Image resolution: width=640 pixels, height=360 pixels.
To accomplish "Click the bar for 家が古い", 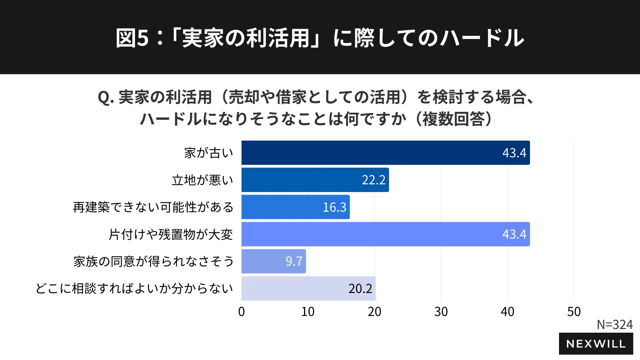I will [385, 153].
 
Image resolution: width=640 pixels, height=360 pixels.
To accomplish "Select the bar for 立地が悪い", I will [315, 180].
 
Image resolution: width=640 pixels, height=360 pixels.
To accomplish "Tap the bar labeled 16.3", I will [295, 207].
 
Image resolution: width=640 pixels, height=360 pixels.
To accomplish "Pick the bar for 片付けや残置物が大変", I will [385, 234].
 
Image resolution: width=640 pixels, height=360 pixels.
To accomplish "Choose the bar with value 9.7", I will [273, 261].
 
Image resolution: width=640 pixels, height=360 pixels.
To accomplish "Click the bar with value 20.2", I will [308, 288].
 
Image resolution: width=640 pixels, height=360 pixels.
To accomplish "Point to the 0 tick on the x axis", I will [241, 312].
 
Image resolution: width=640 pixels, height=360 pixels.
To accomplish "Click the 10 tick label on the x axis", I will [308, 312].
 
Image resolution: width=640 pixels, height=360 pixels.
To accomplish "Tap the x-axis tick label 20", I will [374, 312].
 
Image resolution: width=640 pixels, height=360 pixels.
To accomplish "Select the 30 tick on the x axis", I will [441, 312].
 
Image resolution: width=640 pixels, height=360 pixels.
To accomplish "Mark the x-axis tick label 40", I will [507, 312].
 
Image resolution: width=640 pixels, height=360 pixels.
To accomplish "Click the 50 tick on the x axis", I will [574, 312].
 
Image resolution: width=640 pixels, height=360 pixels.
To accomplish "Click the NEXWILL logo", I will [596, 344].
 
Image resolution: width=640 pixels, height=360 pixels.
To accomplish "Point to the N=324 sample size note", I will [614, 324].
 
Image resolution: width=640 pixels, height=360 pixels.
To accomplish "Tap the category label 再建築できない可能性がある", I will [153, 207].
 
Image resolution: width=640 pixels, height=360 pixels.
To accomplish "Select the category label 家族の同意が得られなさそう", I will [153, 262].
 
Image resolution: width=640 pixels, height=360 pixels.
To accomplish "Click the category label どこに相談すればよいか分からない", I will [134, 289].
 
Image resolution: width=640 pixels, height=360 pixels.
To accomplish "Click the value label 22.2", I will [373, 180].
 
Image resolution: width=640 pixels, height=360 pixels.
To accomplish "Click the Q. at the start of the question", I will [106, 97].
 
